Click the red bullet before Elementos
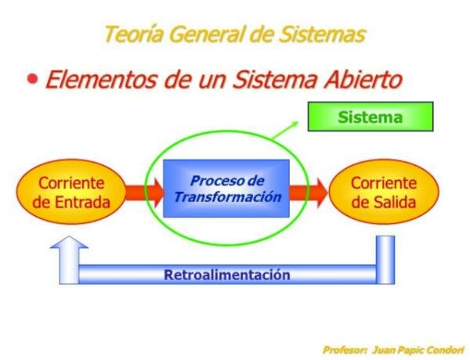click(x=33, y=79)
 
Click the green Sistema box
click(x=370, y=117)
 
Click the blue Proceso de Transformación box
click(x=226, y=189)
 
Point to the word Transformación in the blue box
click(x=227, y=197)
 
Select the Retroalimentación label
click(x=227, y=275)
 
